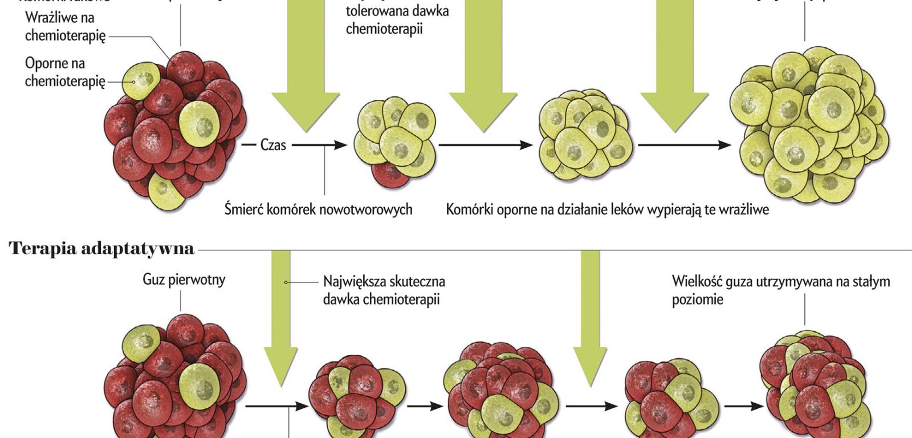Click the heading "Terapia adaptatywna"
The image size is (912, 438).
pyautogui.click(x=102, y=249)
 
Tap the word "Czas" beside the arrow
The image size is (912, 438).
pyautogui.click(x=272, y=145)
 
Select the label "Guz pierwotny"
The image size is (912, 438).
pyautogui.click(x=184, y=279)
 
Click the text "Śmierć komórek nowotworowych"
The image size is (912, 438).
pyautogui.click(x=318, y=209)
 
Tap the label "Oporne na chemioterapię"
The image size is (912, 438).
pyautogui.click(x=65, y=72)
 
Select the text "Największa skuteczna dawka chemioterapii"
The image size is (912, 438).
pyautogui.click(x=384, y=290)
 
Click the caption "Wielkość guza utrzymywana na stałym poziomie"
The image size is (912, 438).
pyautogui.click(x=780, y=290)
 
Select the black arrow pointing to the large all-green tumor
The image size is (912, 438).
pyautogui.click(x=684, y=145)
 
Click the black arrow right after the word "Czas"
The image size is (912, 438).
pyautogui.click(x=319, y=145)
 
